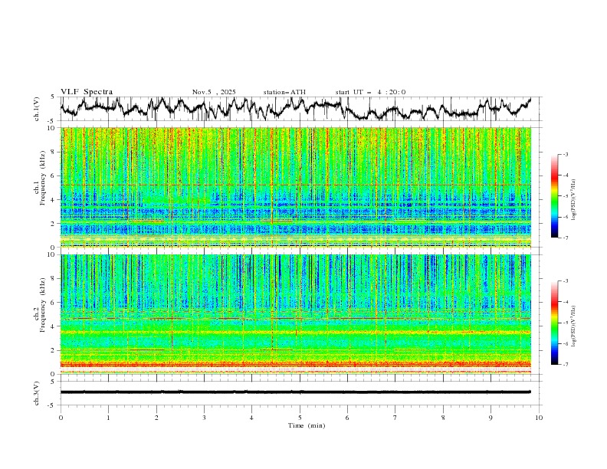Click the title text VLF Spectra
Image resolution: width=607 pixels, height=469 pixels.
tap(87, 92)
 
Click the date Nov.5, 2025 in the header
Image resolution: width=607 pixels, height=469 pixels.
tap(214, 92)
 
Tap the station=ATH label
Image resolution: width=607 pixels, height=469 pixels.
tap(284, 92)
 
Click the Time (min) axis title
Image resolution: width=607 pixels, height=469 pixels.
tap(300, 425)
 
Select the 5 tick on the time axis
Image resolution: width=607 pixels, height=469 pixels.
tap(300, 417)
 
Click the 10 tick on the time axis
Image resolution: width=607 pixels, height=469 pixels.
tap(539, 417)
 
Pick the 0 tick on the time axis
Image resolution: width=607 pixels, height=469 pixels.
tap(61, 417)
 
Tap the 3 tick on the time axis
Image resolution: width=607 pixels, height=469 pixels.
tap(204, 417)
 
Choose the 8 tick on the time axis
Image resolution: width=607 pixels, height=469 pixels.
tap(443, 417)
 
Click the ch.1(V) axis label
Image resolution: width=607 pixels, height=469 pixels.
tap(37, 109)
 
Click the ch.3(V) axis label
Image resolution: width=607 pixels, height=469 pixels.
tap(37, 392)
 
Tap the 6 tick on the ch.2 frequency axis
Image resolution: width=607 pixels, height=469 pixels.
tap(51, 303)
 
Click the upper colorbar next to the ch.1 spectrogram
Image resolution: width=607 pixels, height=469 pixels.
tap(555, 195)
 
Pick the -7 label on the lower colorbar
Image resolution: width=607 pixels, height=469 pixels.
tap(565, 365)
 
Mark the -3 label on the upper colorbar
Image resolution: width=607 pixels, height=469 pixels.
tap(565, 155)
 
